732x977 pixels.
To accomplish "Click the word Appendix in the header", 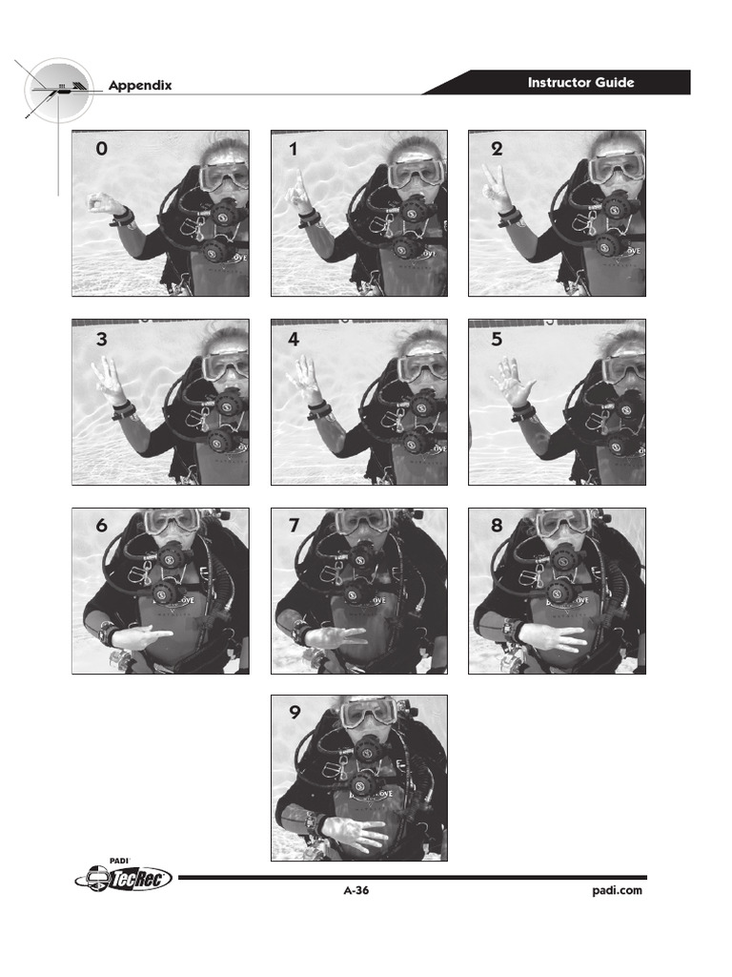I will (x=139, y=85).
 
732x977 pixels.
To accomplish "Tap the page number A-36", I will (x=356, y=891).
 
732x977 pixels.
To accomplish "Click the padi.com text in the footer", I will (x=618, y=891).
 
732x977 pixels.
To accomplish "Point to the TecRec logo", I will (x=124, y=878).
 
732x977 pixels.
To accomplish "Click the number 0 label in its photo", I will (x=101, y=149).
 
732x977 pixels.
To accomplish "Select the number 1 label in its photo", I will (x=294, y=149).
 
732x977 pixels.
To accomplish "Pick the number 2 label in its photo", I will (x=497, y=149).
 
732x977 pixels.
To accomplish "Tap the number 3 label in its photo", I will (x=101, y=339).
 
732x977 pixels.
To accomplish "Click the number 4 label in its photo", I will (x=294, y=339).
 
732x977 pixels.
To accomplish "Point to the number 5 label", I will (x=497, y=339).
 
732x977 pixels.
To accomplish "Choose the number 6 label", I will (x=101, y=527).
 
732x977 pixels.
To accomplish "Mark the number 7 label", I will (x=294, y=527).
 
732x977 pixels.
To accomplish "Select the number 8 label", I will (x=497, y=527).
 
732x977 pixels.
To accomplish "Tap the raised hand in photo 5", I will (x=513, y=384).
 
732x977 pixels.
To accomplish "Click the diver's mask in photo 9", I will (x=369, y=711).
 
